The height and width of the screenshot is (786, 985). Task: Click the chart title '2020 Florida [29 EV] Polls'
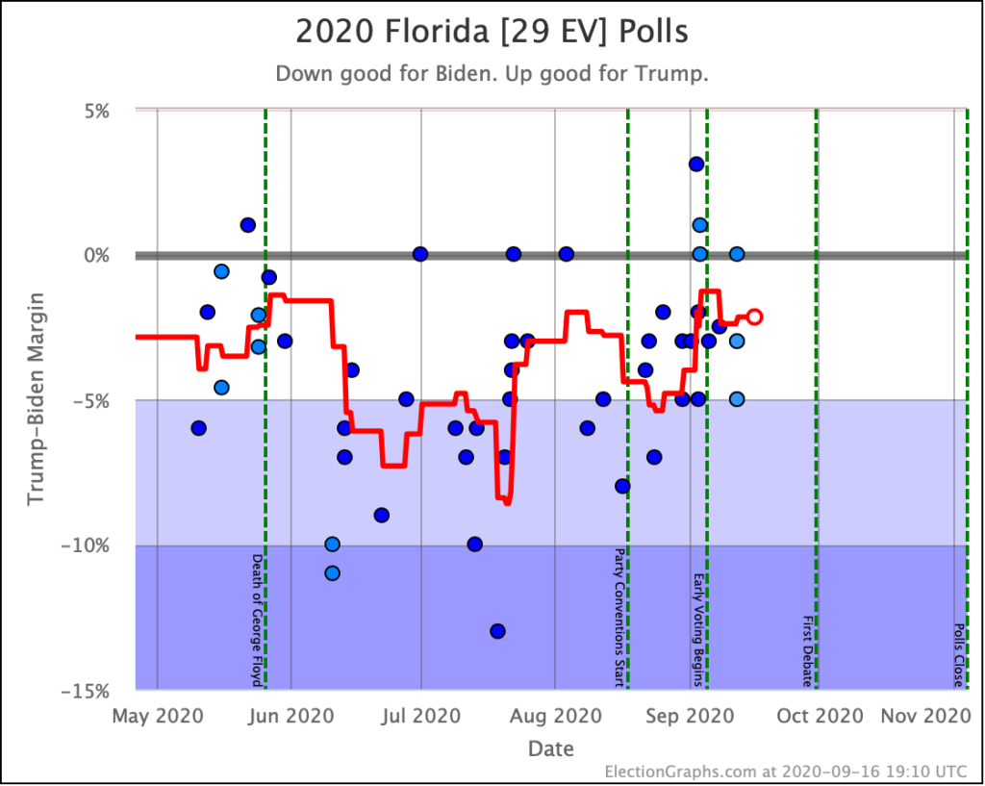tap(492, 32)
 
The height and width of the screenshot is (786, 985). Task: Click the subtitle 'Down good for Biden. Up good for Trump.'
tap(492, 74)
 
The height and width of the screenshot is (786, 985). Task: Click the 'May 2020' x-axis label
tap(157, 716)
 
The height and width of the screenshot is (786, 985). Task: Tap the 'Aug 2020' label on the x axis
tap(555, 716)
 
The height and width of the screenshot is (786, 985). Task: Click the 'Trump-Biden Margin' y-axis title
tap(37, 400)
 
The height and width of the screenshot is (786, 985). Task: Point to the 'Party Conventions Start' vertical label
tap(619, 618)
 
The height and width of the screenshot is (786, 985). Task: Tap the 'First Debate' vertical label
tap(807, 651)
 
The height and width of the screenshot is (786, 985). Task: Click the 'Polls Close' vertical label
tap(958, 655)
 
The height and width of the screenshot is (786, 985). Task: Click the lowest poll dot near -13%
tap(497, 631)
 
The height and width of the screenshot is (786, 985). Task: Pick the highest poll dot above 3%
tap(696, 165)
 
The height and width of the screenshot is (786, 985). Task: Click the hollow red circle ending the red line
tap(755, 317)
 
